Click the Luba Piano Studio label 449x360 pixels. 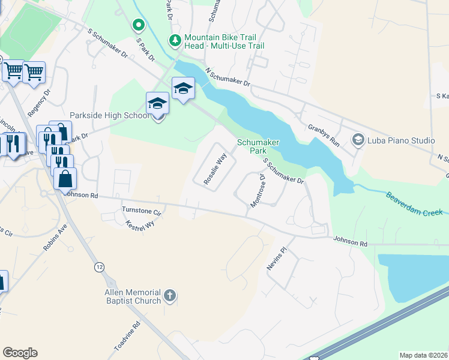[x=401, y=141]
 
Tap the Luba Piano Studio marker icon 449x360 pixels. [x=358, y=140]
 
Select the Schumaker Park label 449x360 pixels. [x=258, y=146]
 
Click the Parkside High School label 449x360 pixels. [x=109, y=115]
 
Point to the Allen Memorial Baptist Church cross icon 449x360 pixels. [x=170, y=295]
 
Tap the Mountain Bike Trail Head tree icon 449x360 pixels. [x=175, y=41]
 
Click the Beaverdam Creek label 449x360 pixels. [x=414, y=204]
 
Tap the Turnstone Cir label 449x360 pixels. [x=142, y=212]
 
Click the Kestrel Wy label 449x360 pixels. [x=141, y=226]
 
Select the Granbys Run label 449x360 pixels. [x=324, y=136]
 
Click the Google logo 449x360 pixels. [x=20, y=353]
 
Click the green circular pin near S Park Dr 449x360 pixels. [x=139, y=25]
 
